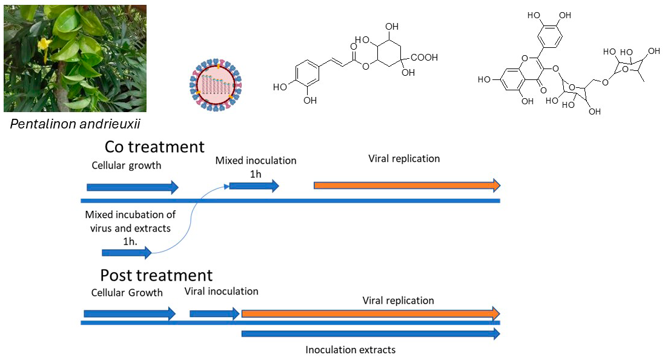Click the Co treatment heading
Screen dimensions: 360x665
pos(154,147)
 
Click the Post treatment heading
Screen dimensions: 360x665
pos(156,276)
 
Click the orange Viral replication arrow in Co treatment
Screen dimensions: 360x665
pos(406,185)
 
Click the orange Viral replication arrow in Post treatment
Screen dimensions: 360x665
pos(370,313)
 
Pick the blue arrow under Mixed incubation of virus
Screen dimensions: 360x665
pos(127,253)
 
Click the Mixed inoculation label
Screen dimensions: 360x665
pos(256,161)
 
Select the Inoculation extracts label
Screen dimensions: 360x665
pos(351,350)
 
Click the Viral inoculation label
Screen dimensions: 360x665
pos(221,292)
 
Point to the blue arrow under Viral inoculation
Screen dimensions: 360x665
pos(214,313)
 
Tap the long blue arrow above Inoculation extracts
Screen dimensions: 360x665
pos(370,334)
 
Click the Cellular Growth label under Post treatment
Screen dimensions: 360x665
pos(127,293)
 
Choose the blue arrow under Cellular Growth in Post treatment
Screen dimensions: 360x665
pos(129,313)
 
